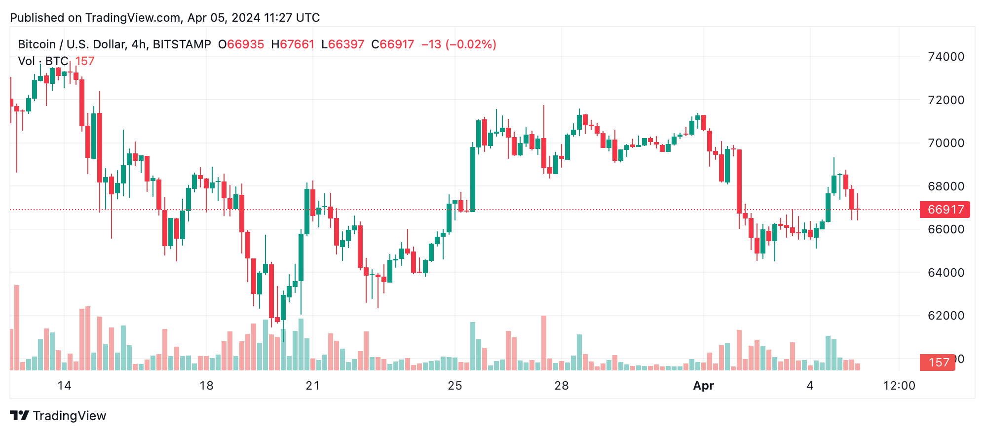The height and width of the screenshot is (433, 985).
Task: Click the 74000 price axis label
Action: [x=946, y=57]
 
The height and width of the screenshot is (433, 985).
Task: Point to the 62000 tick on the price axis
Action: [x=946, y=316]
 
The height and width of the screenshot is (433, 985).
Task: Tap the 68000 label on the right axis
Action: [x=946, y=186]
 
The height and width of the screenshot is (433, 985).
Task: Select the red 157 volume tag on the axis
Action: [x=938, y=362]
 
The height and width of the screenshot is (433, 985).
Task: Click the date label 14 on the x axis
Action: [x=64, y=386]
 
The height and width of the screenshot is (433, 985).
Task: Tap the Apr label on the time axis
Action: [x=703, y=386]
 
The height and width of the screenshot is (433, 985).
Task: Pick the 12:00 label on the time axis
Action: [x=899, y=386]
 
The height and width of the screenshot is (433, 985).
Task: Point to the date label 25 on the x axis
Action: [x=455, y=386]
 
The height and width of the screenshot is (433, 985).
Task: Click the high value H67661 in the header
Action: [x=292, y=44]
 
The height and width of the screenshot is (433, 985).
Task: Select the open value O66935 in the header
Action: [x=241, y=44]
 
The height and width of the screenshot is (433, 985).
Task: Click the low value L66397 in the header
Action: [x=342, y=44]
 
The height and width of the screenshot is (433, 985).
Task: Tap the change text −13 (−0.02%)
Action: [x=458, y=44]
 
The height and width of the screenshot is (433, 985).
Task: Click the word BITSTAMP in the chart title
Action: [x=182, y=44]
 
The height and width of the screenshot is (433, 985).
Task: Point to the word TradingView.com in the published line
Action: [x=133, y=18]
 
